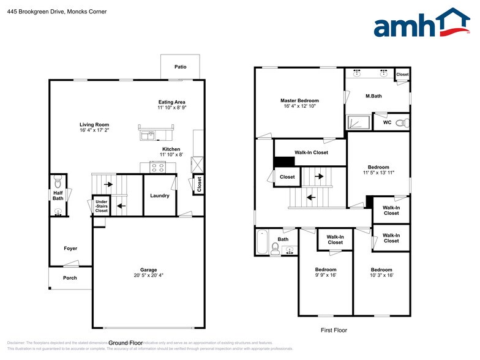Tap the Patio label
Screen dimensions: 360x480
tap(180, 67)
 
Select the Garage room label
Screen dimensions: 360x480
tap(148, 270)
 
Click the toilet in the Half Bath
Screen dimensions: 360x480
tap(58, 181)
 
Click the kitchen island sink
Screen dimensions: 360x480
tap(148, 135)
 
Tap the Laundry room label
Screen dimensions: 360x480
tap(160, 196)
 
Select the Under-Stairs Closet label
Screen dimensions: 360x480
tap(102, 206)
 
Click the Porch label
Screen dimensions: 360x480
tap(70, 277)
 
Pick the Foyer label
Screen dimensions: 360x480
tap(70, 249)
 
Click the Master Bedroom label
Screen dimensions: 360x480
tap(299, 100)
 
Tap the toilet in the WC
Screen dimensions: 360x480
tap(400, 123)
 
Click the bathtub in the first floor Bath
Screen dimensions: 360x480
tap(261, 241)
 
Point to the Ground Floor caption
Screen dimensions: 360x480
tap(126, 343)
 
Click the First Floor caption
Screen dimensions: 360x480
tap(334, 330)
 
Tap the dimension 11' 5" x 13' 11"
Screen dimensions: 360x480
tap(378, 173)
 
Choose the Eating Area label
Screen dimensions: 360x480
tap(171, 102)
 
